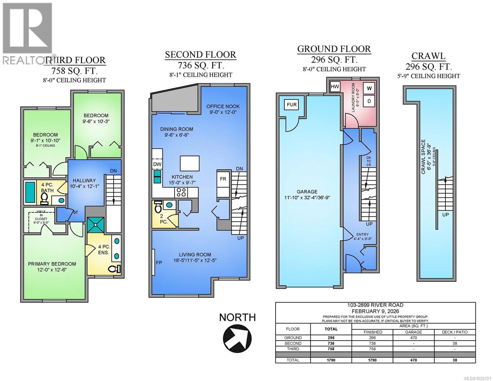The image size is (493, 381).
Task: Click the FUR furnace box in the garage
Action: pyautogui.click(x=291, y=104)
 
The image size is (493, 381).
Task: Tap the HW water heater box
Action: pyautogui.click(x=335, y=86)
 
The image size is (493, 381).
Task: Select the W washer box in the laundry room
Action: pyautogui.click(x=369, y=89)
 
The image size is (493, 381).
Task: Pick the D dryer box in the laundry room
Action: pyautogui.click(x=369, y=101)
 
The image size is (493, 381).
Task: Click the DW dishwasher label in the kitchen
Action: pyautogui.click(x=157, y=164)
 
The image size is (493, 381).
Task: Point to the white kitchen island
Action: pyautogui.click(x=190, y=163)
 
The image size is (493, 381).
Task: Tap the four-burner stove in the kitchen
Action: pyautogui.click(x=181, y=192)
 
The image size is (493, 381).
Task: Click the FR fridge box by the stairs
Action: pyautogui.click(x=223, y=179)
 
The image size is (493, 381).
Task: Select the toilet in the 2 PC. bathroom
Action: pyautogui.click(x=158, y=206)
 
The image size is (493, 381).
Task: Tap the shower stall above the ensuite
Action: pyautogui.click(x=96, y=225)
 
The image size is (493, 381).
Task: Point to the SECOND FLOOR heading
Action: pyautogui.click(x=201, y=55)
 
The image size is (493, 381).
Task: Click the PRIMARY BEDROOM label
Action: pyautogui.click(x=52, y=264)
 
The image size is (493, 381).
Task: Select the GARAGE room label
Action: pyautogui.click(x=307, y=192)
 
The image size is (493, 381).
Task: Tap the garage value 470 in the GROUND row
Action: pyautogui.click(x=413, y=338)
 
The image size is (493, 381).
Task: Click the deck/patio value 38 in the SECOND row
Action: pyautogui.click(x=455, y=343)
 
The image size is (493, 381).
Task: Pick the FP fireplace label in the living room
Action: pyautogui.click(x=159, y=263)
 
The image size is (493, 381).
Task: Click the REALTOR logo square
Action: pyautogui.click(x=27, y=28)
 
